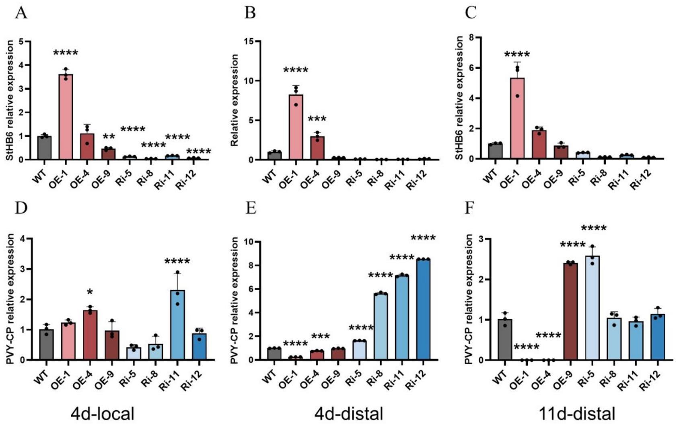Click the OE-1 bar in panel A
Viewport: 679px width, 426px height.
point(66,117)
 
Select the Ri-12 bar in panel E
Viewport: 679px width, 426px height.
point(423,309)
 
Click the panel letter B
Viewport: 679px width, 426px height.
point(250,13)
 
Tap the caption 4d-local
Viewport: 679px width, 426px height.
point(102,414)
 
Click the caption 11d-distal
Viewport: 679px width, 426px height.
point(578,414)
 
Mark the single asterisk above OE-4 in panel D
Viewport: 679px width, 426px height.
point(89,291)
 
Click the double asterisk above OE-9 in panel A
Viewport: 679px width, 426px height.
point(109,137)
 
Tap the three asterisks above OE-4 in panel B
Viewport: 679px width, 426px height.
point(317,119)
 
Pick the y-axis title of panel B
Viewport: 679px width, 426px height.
point(235,100)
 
